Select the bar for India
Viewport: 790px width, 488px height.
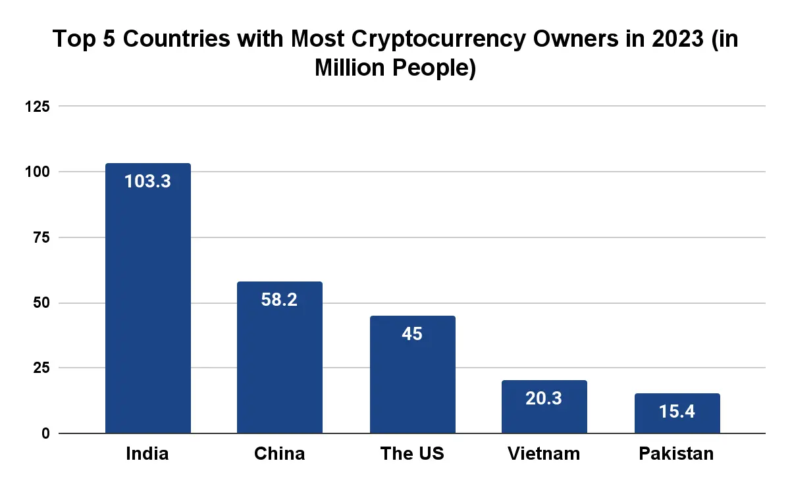pyautogui.click(x=148, y=298)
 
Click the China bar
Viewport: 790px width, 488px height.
pyautogui.click(x=280, y=357)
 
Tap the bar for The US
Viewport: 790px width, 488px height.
pyautogui.click(x=413, y=374)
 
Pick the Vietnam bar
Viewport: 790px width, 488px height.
pyautogui.click(x=544, y=406)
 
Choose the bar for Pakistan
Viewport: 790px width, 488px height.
pyautogui.click(x=677, y=413)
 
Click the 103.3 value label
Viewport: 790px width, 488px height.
pyautogui.click(x=147, y=181)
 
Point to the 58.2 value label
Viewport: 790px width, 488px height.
pyautogui.click(x=279, y=299)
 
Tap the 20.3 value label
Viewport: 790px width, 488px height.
pyautogui.click(x=544, y=398)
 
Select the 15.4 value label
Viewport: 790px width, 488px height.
pyautogui.click(x=677, y=411)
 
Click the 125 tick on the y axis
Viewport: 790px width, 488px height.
pyautogui.click(x=38, y=107)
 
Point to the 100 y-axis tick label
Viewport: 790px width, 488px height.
pyautogui.click(x=38, y=172)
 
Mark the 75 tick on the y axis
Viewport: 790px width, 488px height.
pyautogui.click(x=41, y=237)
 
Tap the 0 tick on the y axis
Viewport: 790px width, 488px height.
pyautogui.click(x=46, y=433)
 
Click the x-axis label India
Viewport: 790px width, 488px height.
pyautogui.click(x=147, y=453)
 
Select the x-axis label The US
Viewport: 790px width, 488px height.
pyautogui.click(x=412, y=453)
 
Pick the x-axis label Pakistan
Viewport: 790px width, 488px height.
pyautogui.click(x=677, y=453)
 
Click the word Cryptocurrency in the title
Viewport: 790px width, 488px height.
pyautogui.click(x=438, y=39)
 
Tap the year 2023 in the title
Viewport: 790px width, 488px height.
pyautogui.click(x=678, y=38)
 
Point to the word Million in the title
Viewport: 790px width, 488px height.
pyautogui.click(x=350, y=67)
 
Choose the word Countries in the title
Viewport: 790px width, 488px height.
pyautogui.click(x=176, y=38)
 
